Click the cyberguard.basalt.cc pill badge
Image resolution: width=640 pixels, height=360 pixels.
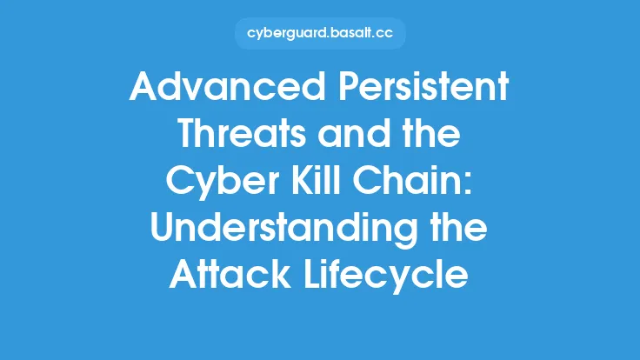tap(320, 33)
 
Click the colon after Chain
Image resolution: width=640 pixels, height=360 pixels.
tap(470, 185)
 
